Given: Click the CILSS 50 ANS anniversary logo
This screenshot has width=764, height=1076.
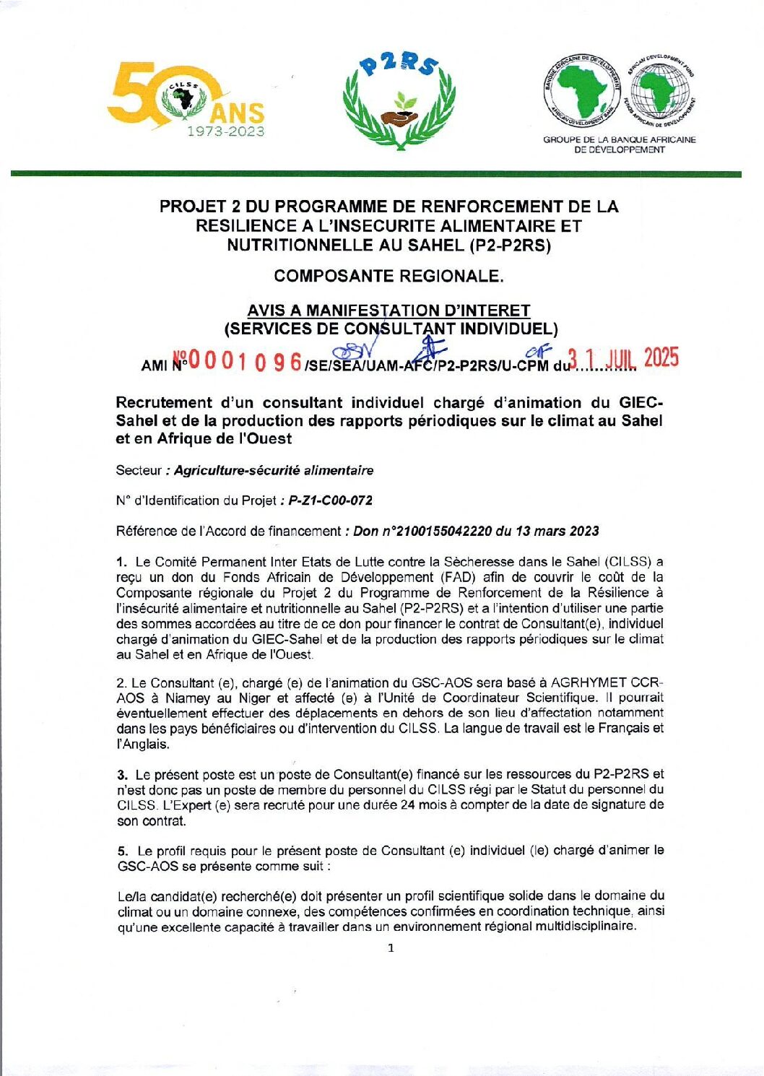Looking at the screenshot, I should (x=186, y=99).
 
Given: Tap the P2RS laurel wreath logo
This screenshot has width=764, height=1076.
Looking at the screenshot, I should (x=399, y=101).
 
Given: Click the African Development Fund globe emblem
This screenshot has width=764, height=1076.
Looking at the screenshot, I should (x=659, y=92).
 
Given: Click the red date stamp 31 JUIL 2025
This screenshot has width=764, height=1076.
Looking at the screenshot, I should (x=623, y=358).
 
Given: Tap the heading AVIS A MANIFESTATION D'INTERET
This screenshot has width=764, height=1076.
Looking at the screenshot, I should (x=388, y=311).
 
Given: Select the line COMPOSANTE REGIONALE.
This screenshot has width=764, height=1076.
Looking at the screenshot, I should (x=388, y=276).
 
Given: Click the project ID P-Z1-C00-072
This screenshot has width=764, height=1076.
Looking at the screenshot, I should (x=331, y=500).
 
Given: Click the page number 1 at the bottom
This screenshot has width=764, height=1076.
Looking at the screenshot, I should (x=391, y=948).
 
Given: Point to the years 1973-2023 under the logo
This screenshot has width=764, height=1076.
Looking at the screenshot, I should (x=226, y=131).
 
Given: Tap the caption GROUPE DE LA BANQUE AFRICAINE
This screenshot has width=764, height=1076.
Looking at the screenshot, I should (x=620, y=140).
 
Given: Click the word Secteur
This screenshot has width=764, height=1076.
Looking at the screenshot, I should (x=139, y=471).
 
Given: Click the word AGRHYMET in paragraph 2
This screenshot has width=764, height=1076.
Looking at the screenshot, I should (x=586, y=683).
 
